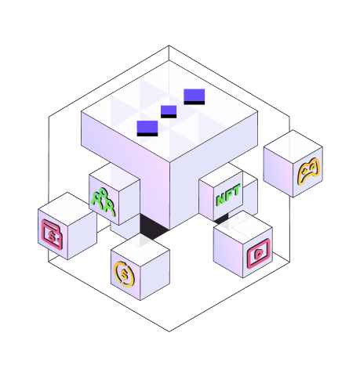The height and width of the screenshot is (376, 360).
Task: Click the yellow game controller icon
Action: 308,171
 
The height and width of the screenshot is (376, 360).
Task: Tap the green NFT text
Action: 228,194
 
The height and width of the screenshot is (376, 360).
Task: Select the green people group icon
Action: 103,202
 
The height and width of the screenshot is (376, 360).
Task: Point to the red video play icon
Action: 258,254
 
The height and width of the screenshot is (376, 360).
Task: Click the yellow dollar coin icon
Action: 125,274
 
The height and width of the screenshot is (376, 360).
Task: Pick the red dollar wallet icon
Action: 52,234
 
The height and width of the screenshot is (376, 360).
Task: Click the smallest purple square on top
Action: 169,111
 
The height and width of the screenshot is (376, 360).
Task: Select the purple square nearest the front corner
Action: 147,128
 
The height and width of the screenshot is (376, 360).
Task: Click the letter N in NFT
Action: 220,199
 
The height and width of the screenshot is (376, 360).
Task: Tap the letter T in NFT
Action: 236,190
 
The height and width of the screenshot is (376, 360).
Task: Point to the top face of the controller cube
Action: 293,147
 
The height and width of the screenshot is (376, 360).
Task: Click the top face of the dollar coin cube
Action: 140,250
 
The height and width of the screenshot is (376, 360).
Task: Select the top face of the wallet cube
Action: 67,209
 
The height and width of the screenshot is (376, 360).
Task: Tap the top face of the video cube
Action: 243,227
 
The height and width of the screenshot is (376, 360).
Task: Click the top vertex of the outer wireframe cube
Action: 169,45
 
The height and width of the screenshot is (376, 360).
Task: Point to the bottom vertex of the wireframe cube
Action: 169,331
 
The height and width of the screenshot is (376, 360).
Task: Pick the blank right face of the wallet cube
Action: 82,235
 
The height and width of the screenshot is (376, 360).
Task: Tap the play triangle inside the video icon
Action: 258,254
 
